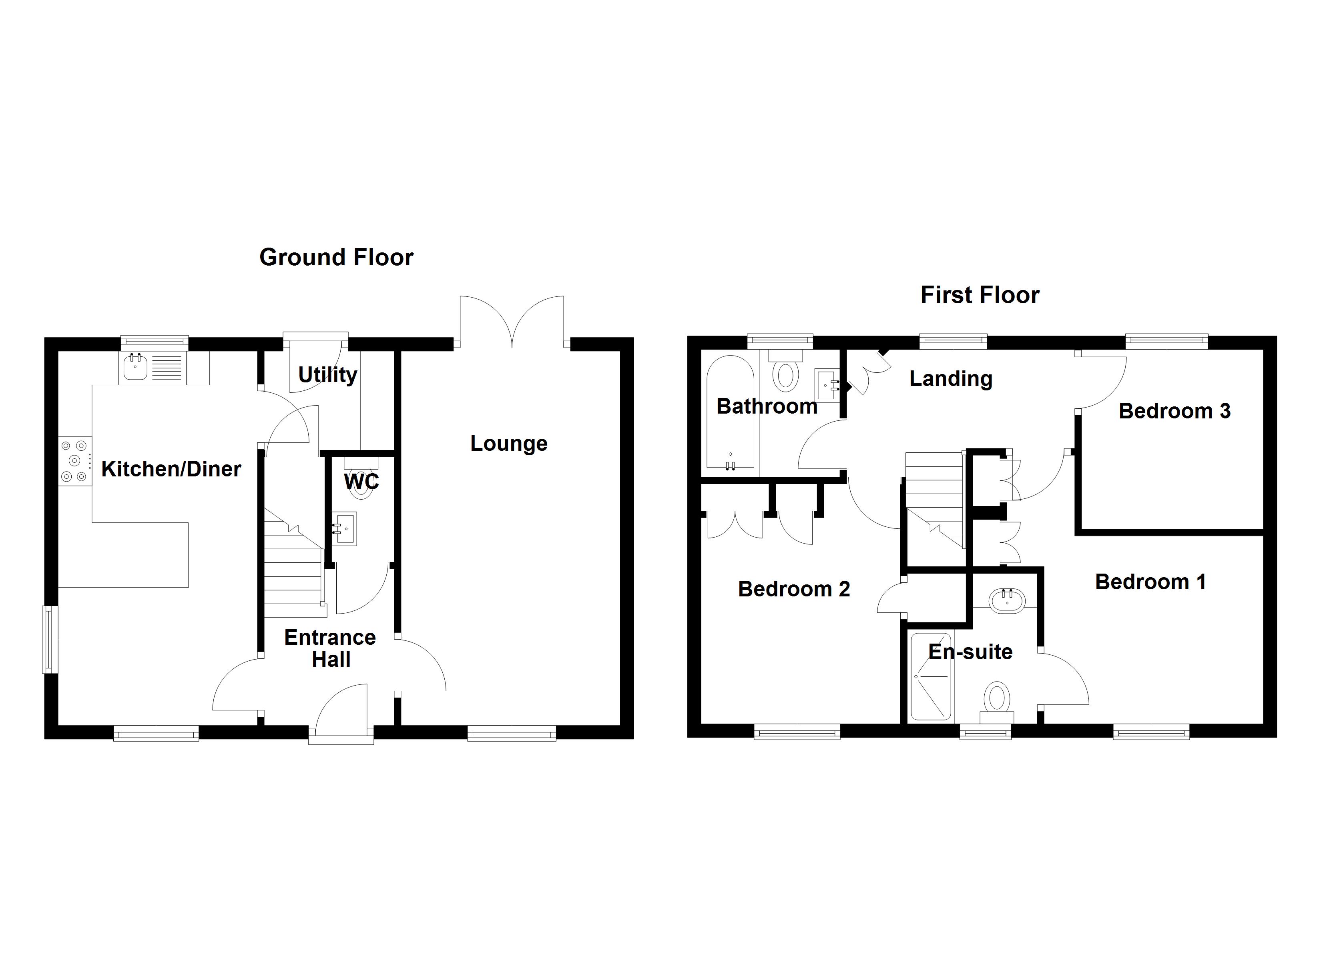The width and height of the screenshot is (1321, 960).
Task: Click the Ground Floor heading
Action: point(336,257)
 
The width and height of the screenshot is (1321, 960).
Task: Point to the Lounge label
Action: point(508,444)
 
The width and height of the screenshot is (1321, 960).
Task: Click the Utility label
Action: point(327,374)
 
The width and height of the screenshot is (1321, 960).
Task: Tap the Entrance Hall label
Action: point(330,648)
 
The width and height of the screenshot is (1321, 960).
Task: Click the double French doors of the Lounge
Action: point(512,323)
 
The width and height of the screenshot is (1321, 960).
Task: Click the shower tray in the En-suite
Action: point(931,676)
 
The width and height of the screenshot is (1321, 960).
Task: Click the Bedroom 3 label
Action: point(1174,411)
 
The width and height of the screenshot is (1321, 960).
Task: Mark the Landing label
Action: point(951,379)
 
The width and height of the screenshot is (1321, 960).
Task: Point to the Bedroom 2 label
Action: point(793,589)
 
